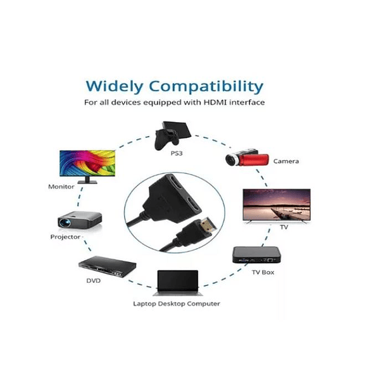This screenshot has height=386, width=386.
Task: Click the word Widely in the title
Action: coord(115,87)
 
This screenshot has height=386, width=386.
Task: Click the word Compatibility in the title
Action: coord(206,87)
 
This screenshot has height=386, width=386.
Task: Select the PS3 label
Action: coord(177,153)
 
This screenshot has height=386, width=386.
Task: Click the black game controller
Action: coord(166,139)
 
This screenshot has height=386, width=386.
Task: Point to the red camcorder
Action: coord(247,158)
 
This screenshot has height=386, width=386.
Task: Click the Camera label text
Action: coord(286,161)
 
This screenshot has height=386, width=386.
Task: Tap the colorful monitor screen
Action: coord(87,163)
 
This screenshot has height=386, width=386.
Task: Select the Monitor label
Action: coord(61,187)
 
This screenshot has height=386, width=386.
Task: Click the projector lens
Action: coord(64,223)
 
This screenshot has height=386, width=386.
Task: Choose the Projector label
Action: coord(65,237)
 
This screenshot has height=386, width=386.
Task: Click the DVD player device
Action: coord(108,266)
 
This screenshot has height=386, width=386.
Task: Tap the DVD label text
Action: coord(93,280)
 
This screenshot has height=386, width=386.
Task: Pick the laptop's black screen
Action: coord(178,280)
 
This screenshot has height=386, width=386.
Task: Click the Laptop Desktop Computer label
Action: coord(177,304)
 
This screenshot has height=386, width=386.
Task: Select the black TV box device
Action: coord(256,255)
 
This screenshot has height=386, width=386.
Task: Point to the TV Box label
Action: coord(263,272)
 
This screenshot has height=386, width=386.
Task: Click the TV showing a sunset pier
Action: coord(277,205)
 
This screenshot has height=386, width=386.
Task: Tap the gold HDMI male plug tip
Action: coord(208,225)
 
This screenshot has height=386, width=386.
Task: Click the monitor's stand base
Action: coord(87,182)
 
